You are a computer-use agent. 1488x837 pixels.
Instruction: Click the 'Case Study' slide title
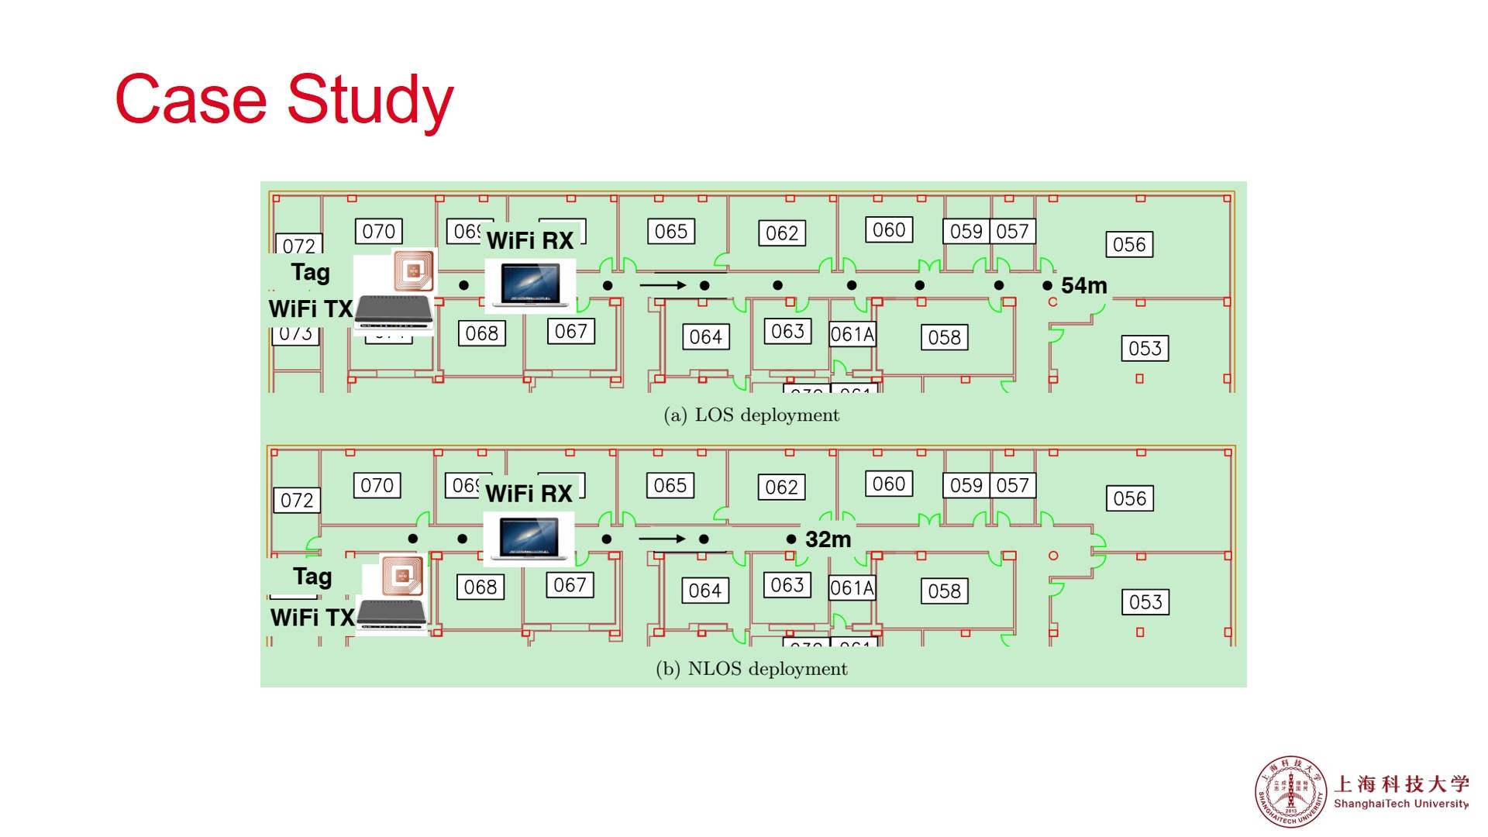pos(284,99)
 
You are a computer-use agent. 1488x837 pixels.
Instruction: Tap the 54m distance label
pos(1083,286)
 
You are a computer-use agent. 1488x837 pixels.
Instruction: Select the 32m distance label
pos(828,539)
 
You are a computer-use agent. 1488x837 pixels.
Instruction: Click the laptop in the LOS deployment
pos(530,284)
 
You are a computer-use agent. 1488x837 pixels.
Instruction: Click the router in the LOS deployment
pos(394,312)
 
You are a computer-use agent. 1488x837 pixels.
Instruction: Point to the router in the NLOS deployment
pos(392,615)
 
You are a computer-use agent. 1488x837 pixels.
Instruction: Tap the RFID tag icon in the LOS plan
pos(413,270)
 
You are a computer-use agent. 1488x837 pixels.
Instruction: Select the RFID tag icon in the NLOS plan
pos(402,576)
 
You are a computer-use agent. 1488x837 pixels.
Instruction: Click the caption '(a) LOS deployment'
pos(751,415)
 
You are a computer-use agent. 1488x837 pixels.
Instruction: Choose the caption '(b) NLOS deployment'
pos(751,669)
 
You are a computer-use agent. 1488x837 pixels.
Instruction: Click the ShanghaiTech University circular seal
pos(1290,791)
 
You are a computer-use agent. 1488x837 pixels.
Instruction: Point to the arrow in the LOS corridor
pos(663,285)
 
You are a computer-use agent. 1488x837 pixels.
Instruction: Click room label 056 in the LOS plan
pos(1129,245)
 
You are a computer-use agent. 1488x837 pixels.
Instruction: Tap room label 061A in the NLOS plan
pos(852,588)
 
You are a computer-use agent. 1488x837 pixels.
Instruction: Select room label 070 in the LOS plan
pos(378,231)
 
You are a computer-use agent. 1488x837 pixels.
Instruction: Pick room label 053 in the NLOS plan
pos(1145,602)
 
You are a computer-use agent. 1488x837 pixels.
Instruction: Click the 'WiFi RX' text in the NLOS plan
pos(529,494)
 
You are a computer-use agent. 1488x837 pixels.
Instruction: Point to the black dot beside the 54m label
pos(1047,286)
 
